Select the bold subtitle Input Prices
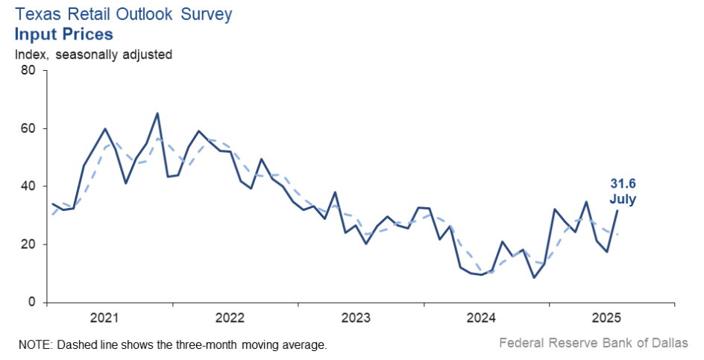pyautogui.click(x=64, y=34)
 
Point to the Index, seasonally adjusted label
pyautogui.click(x=93, y=54)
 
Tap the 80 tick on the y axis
pyautogui.click(x=29, y=71)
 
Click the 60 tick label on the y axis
pyautogui.click(x=29, y=129)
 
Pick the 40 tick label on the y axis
pyautogui.click(x=29, y=186)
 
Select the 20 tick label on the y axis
pyautogui.click(x=29, y=244)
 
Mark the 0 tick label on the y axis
pyautogui.click(x=33, y=303)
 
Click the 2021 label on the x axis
pyautogui.click(x=105, y=318)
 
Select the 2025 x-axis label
pyautogui.click(x=608, y=318)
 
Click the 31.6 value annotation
pyautogui.click(x=623, y=184)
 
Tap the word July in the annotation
pyautogui.click(x=623, y=199)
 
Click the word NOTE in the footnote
pyautogui.click(x=33, y=345)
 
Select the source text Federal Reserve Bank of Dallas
pyautogui.click(x=593, y=344)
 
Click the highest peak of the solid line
pyautogui.click(x=157, y=113)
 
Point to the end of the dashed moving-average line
pyautogui.click(x=617, y=234)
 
